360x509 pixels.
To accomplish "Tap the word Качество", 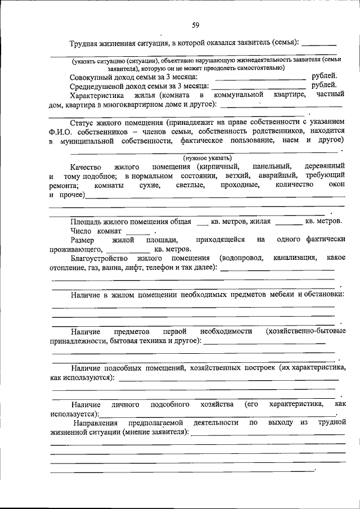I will [85, 166].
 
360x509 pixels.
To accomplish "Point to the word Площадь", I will [86, 222].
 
